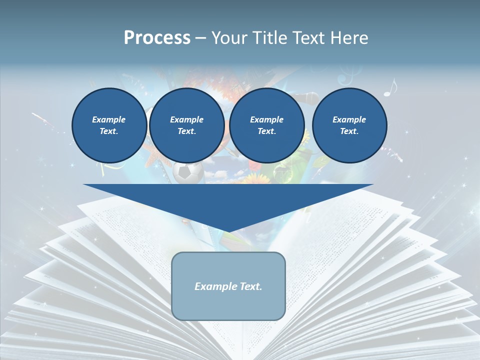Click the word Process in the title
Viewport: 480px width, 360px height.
pos(157,38)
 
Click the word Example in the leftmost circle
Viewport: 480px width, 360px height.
pos(109,119)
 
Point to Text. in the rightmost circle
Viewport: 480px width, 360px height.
pos(349,131)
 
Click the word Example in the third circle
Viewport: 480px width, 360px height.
pos(266,119)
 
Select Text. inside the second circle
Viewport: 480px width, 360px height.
pos(186,131)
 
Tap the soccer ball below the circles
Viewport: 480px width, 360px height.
pos(188,172)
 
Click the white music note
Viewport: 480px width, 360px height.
pos(390,88)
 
